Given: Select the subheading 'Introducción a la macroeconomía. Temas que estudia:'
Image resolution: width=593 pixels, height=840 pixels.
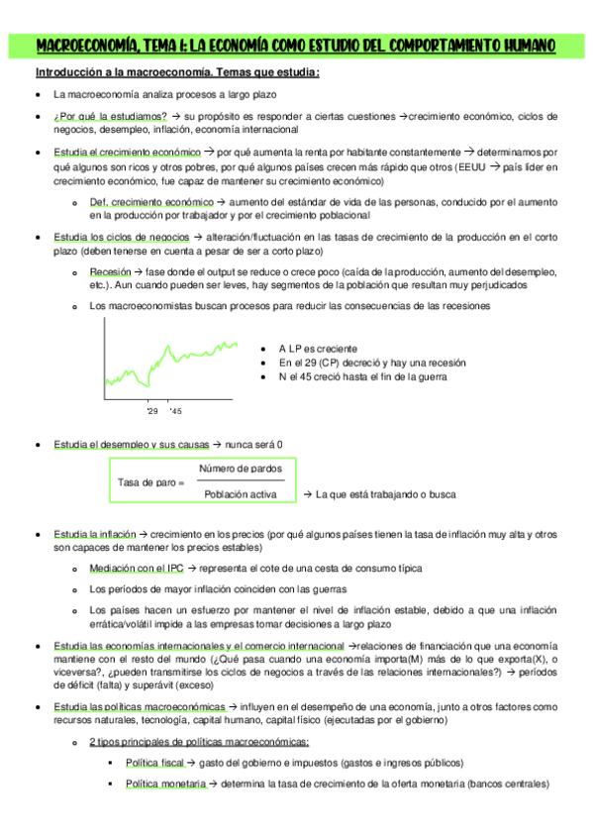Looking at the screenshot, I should pyautogui.click(x=177, y=73).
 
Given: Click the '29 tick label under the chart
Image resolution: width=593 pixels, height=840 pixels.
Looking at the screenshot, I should pyautogui.click(x=151, y=409).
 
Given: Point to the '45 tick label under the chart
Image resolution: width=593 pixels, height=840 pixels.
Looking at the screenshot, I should pyautogui.click(x=175, y=409).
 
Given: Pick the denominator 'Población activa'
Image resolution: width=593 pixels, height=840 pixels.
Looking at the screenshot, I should pyautogui.click(x=241, y=493).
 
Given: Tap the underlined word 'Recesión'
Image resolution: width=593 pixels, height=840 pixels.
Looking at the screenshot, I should pyautogui.click(x=109, y=271).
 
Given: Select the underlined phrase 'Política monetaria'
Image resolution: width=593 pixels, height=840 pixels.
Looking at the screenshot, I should pyautogui.click(x=164, y=784).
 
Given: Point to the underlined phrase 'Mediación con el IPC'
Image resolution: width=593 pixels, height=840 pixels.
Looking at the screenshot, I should pyautogui.click(x=136, y=569).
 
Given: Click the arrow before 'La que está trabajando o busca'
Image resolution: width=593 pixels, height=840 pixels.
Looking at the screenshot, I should pyautogui.click(x=307, y=493).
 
